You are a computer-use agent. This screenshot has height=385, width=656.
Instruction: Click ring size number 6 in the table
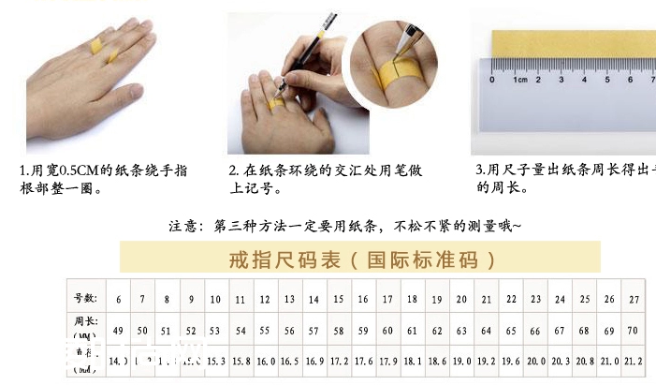118,299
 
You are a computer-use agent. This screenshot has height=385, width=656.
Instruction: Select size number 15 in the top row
338,299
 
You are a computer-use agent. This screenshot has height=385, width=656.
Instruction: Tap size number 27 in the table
634,299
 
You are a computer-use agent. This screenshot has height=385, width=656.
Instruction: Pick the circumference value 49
118,331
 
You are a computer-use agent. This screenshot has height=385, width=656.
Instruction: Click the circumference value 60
386,331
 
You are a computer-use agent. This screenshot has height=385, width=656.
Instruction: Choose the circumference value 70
634,331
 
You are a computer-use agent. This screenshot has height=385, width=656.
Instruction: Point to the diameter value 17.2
338,360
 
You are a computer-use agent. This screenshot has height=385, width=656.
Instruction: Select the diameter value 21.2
634,360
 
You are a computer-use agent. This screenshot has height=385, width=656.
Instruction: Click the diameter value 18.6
436,360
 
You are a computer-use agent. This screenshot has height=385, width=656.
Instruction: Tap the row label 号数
85,298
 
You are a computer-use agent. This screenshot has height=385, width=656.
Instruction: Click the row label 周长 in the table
85,322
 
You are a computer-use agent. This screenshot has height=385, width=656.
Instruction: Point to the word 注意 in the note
184,226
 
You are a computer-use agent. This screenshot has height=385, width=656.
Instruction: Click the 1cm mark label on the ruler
520,81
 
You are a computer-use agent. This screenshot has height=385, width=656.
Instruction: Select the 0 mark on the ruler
492,81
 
